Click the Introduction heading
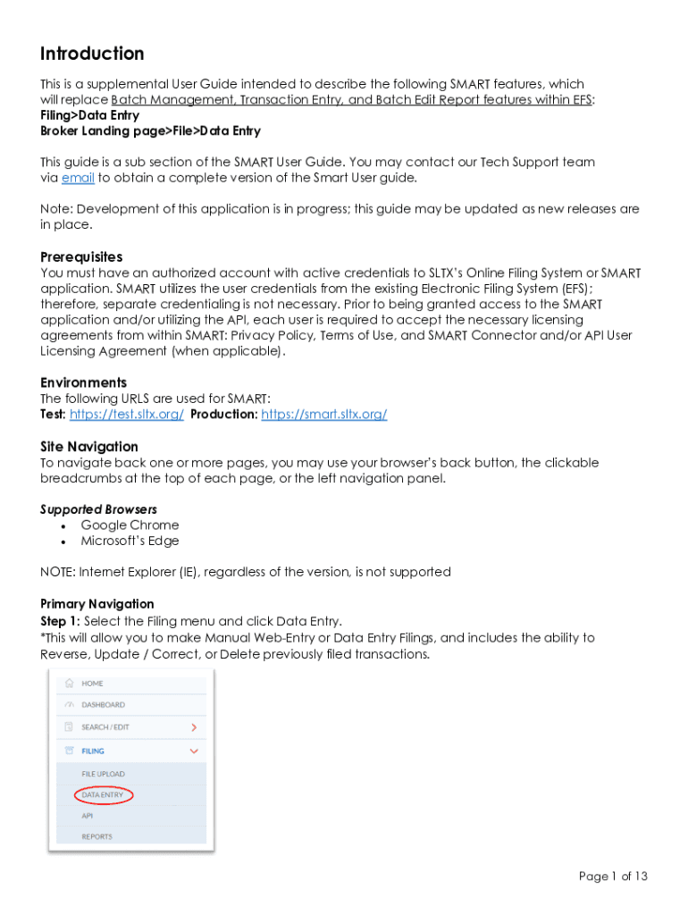pos(92,54)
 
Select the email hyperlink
pos(78,178)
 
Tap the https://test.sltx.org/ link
pos(127,415)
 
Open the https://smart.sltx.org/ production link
pos(323,415)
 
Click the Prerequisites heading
pos(81,256)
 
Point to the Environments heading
pos(83,382)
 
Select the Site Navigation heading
pos(89,446)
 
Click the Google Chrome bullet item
pos(130,525)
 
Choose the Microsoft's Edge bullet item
pos(130,541)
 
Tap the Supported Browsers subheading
pos(98,509)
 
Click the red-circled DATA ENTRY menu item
pos(103,794)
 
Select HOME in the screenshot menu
pos(93,684)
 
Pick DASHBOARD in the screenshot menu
pos(104,705)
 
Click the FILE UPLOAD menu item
pos(104,774)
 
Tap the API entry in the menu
pos(88,816)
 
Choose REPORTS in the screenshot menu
pos(97,837)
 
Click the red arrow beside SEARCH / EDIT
pos(194,727)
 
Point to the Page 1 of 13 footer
pos(613,877)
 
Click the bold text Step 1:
pos(60,621)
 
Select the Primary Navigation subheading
pos(96,604)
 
